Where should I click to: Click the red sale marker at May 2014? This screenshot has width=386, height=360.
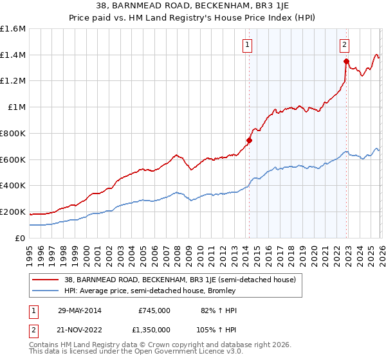[x=249, y=140]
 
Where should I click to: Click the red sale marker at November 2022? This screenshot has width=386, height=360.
[x=345, y=62]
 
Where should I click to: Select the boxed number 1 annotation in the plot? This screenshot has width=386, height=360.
[x=248, y=44]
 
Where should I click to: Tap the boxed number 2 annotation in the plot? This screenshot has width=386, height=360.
[x=345, y=44]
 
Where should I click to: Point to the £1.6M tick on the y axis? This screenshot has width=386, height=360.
[x=13, y=29]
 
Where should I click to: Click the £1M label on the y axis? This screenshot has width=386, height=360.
[x=17, y=107]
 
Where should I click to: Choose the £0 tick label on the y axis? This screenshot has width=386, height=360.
[x=21, y=238]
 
